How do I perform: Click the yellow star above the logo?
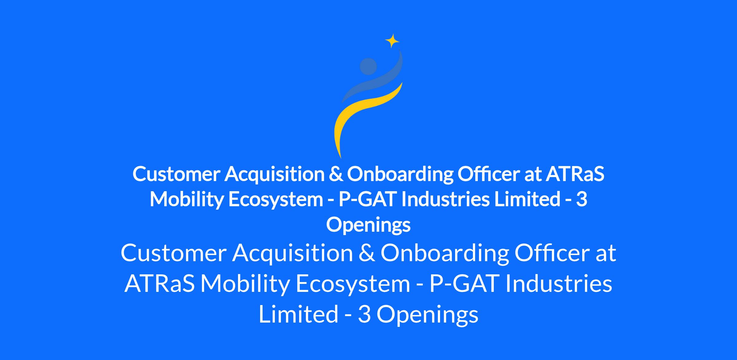(x=392, y=41)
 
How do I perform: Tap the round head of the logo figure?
(x=368, y=66)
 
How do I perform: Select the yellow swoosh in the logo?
(x=362, y=117)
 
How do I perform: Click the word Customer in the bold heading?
(x=176, y=174)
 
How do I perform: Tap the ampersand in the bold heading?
(x=336, y=174)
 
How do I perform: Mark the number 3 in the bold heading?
(x=582, y=199)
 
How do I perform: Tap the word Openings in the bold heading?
(x=368, y=225)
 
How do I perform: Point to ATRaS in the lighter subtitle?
(x=160, y=284)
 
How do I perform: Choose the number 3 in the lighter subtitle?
(x=365, y=314)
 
